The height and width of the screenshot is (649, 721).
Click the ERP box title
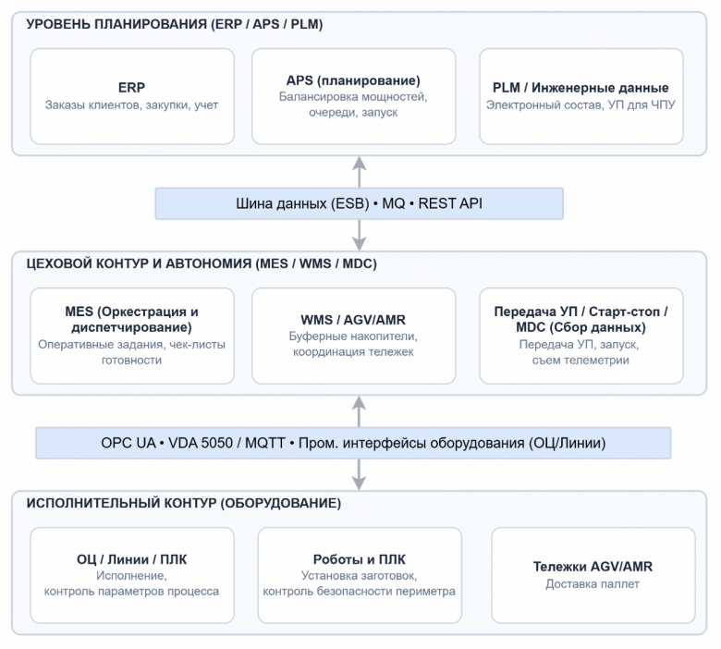tap(131, 88)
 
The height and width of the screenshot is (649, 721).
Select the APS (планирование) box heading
tap(353, 80)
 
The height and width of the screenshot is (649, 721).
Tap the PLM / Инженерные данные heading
tap(580, 88)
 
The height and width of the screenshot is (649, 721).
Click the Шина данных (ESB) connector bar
tap(360, 203)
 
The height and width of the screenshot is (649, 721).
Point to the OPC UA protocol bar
tap(353, 443)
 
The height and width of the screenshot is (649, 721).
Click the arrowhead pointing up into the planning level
tap(360, 164)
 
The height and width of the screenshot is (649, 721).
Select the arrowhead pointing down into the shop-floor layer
tap(360, 243)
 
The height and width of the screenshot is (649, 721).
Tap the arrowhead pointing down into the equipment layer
tap(360, 483)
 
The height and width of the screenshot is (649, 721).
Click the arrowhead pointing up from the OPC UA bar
tap(360, 403)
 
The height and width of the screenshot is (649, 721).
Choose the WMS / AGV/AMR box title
tap(353, 320)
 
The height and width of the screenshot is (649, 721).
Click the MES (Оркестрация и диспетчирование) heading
tap(131, 319)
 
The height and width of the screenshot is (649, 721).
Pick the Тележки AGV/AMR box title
tap(593, 566)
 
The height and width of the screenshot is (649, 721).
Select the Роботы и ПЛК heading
tap(360, 559)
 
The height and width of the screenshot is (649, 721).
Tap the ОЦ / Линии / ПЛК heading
tap(131, 559)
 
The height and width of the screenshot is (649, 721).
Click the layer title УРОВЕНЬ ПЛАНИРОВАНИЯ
tap(175, 24)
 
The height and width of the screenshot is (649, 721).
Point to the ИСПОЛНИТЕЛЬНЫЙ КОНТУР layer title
tap(183, 503)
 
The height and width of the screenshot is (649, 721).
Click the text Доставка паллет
tap(593, 584)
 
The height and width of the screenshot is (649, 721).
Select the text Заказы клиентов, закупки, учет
tap(131, 105)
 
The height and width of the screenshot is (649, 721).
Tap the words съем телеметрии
tap(580, 361)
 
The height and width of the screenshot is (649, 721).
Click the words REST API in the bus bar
tap(450, 203)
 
